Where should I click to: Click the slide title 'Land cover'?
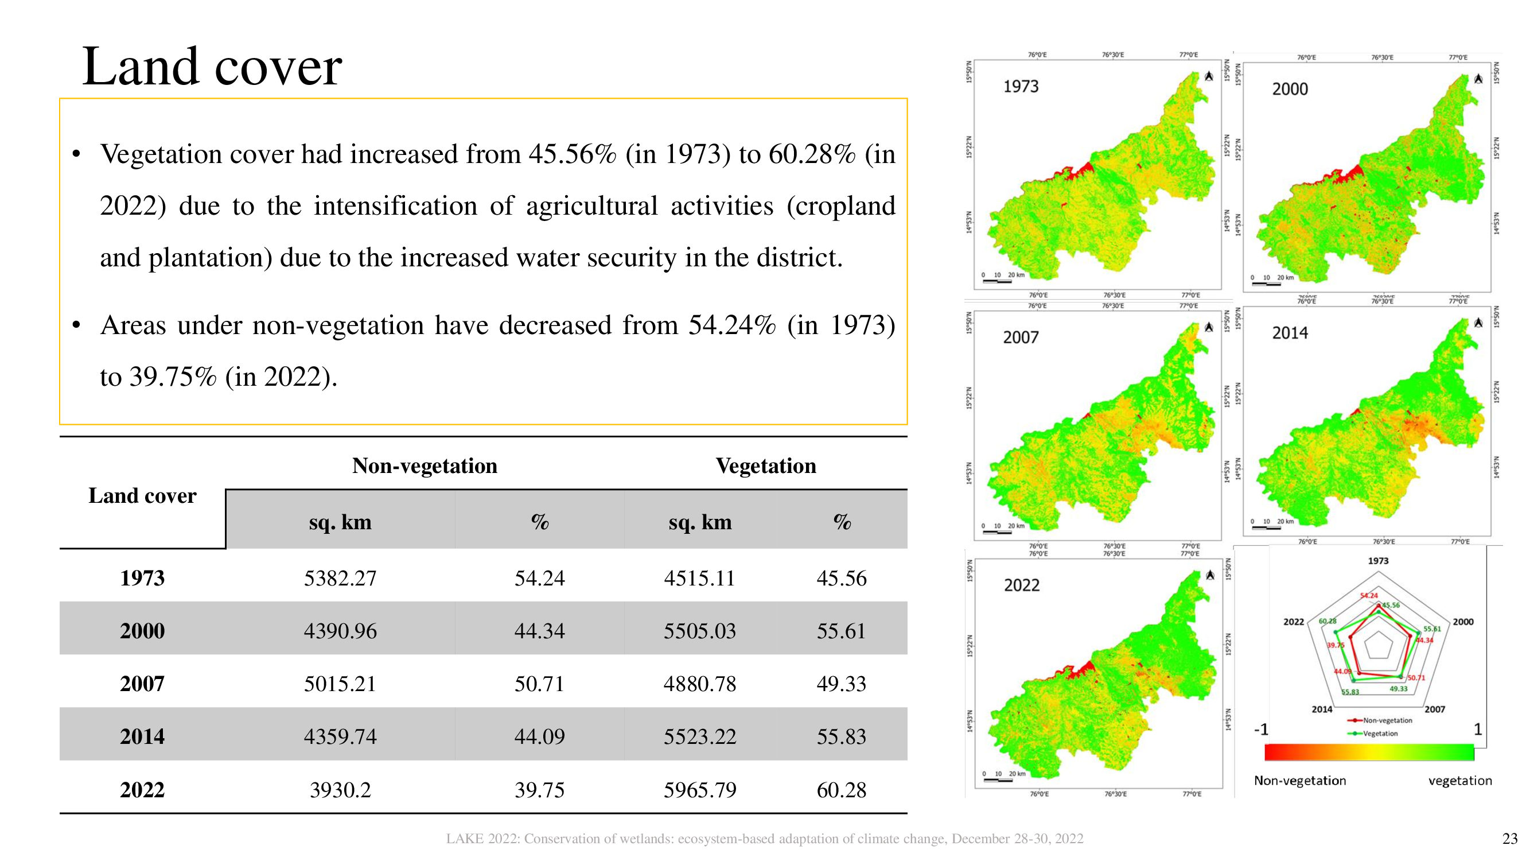[x=212, y=67]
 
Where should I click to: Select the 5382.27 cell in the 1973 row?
[x=340, y=578]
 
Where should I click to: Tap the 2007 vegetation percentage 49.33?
[x=841, y=684]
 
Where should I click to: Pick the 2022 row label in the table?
[x=142, y=790]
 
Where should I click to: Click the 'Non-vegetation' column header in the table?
[x=424, y=466]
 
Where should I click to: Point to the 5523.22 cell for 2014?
[x=700, y=737]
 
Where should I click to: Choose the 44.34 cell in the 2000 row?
[x=539, y=631]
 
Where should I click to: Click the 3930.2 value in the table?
[x=340, y=790]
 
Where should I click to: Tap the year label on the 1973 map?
[x=1021, y=87]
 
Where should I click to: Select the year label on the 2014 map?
[x=1290, y=333]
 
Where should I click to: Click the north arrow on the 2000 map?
[x=1478, y=79]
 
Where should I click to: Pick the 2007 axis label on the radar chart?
[x=1434, y=709]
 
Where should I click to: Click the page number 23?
[x=1510, y=839]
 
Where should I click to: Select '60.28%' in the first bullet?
[x=812, y=154]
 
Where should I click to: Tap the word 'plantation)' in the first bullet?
[x=209, y=258]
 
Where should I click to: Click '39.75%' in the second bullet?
[x=173, y=377]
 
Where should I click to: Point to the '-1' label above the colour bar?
[x=1260, y=729]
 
